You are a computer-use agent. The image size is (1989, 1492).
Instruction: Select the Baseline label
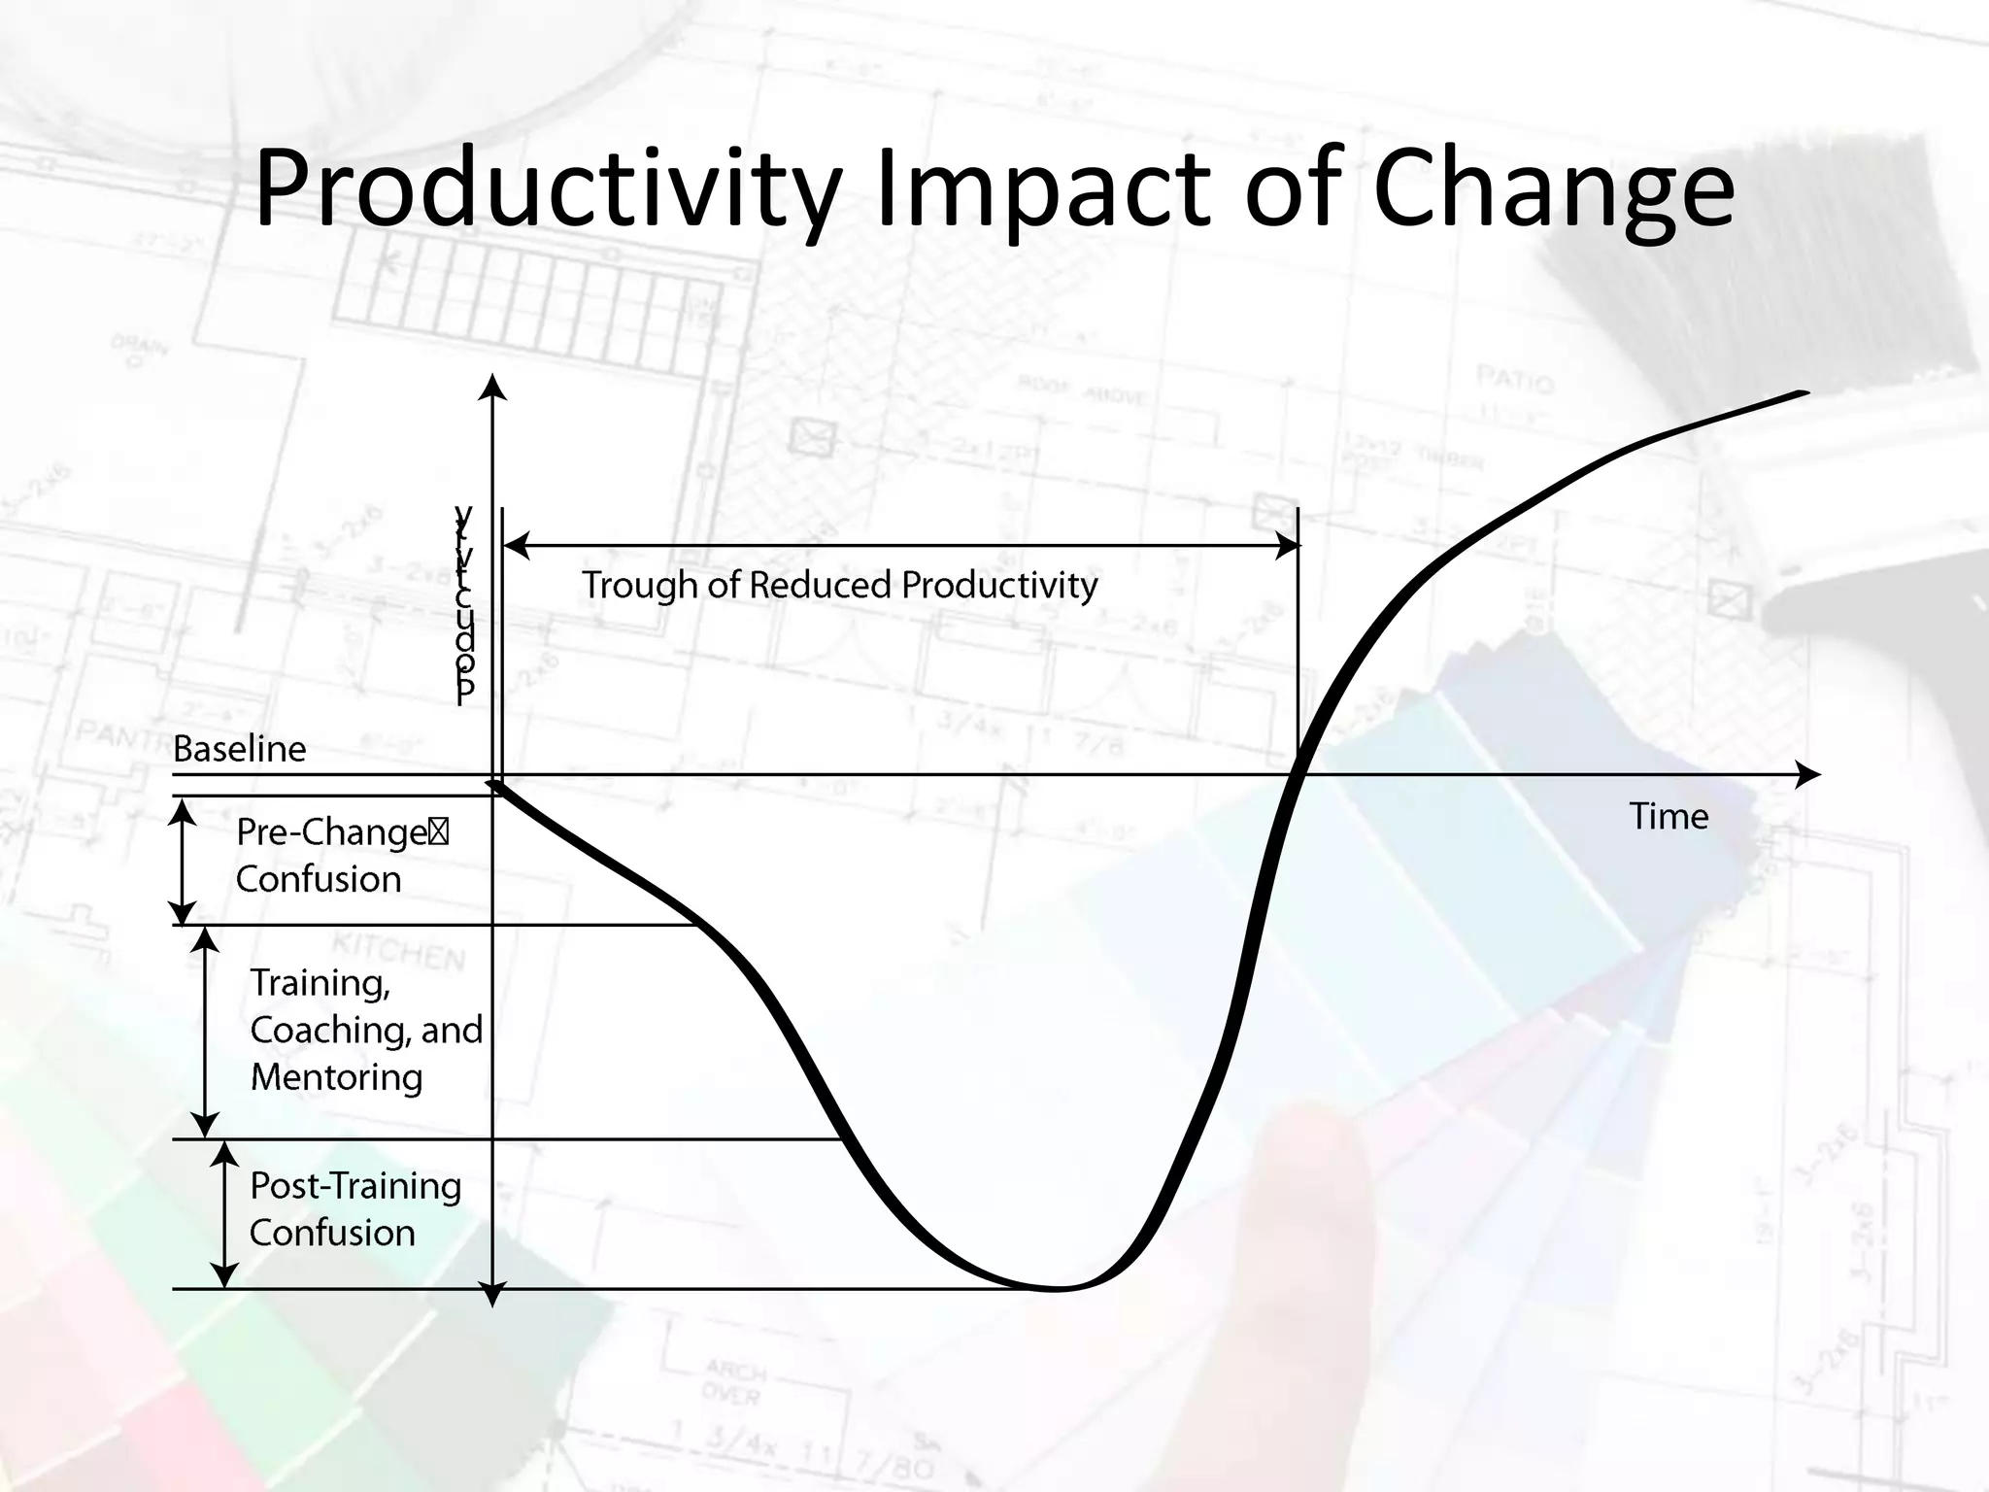(x=239, y=749)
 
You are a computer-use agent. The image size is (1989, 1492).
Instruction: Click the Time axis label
(x=1668, y=816)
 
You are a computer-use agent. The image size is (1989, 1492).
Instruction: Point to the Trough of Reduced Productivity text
(x=839, y=585)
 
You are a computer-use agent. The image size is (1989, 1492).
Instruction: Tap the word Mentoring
(x=336, y=1077)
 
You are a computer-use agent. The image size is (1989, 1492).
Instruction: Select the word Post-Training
(x=355, y=1186)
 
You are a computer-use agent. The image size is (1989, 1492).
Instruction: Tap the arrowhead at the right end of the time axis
(x=1808, y=774)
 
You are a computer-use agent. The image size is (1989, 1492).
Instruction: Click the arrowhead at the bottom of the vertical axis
(x=493, y=1295)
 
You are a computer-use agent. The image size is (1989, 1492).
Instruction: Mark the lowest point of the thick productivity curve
(x=1057, y=1288)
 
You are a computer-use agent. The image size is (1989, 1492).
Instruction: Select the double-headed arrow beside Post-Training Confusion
(x=224, y=1214)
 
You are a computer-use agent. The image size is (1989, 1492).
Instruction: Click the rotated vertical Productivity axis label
(x=464, y=602)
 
